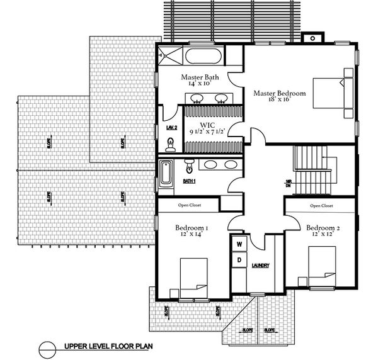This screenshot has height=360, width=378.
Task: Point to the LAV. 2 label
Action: click(x=171, y=128)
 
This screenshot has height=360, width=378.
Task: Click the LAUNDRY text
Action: click(x=260, y=266)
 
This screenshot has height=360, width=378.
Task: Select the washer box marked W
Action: click(x=239, y=244)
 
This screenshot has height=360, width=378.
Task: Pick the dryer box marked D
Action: click(x=239, y=260)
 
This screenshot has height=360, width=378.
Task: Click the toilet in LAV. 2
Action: click(x=170, y=145)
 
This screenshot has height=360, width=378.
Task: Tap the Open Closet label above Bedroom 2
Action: click(x=321, y=206)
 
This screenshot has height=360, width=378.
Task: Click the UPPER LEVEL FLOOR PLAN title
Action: click(x=107, y=346)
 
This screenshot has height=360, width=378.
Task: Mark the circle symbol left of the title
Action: click(x=48, y=346)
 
